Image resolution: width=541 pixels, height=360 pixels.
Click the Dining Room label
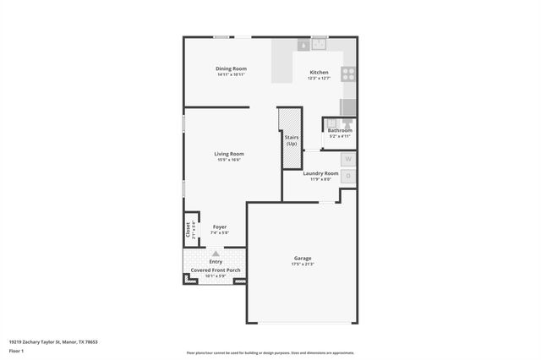230,68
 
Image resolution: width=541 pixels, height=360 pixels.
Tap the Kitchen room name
319,73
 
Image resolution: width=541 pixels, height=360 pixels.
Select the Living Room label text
229,154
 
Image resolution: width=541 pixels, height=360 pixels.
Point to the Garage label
303,258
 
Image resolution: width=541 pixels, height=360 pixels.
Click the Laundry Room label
321,173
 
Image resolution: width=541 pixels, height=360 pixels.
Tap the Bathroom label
340,130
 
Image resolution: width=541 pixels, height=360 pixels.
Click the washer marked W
348,159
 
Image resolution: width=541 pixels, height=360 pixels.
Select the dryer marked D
348,176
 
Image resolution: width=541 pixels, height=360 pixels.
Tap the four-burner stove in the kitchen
347,74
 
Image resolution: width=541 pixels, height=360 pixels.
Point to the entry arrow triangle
216,253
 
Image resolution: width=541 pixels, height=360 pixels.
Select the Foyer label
219,226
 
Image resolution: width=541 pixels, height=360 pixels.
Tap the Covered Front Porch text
216,270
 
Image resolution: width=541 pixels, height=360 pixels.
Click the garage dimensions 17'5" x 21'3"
303,265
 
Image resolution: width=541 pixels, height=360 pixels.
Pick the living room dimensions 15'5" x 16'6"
229,160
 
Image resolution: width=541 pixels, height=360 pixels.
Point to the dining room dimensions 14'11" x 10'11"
230,74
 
